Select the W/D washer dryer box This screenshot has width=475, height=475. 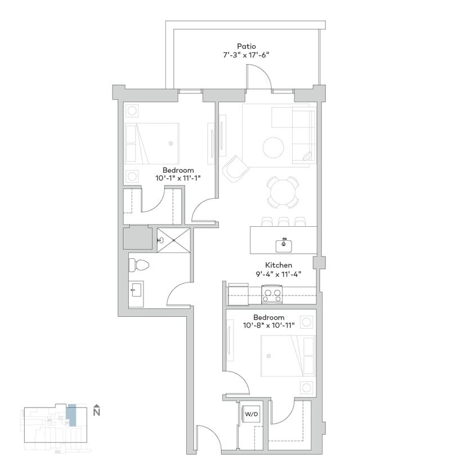[x=250, y=415]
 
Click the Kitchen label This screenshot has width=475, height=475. [x=277, y=265]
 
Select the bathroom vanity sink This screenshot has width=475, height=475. [x=136, y=292]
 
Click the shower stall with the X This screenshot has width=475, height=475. [x=173, y=240]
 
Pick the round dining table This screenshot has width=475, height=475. [x=283, y=193]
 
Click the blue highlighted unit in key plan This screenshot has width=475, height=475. [x=71, y=415]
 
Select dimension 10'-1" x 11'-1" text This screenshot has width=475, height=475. [x=178, y=178]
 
